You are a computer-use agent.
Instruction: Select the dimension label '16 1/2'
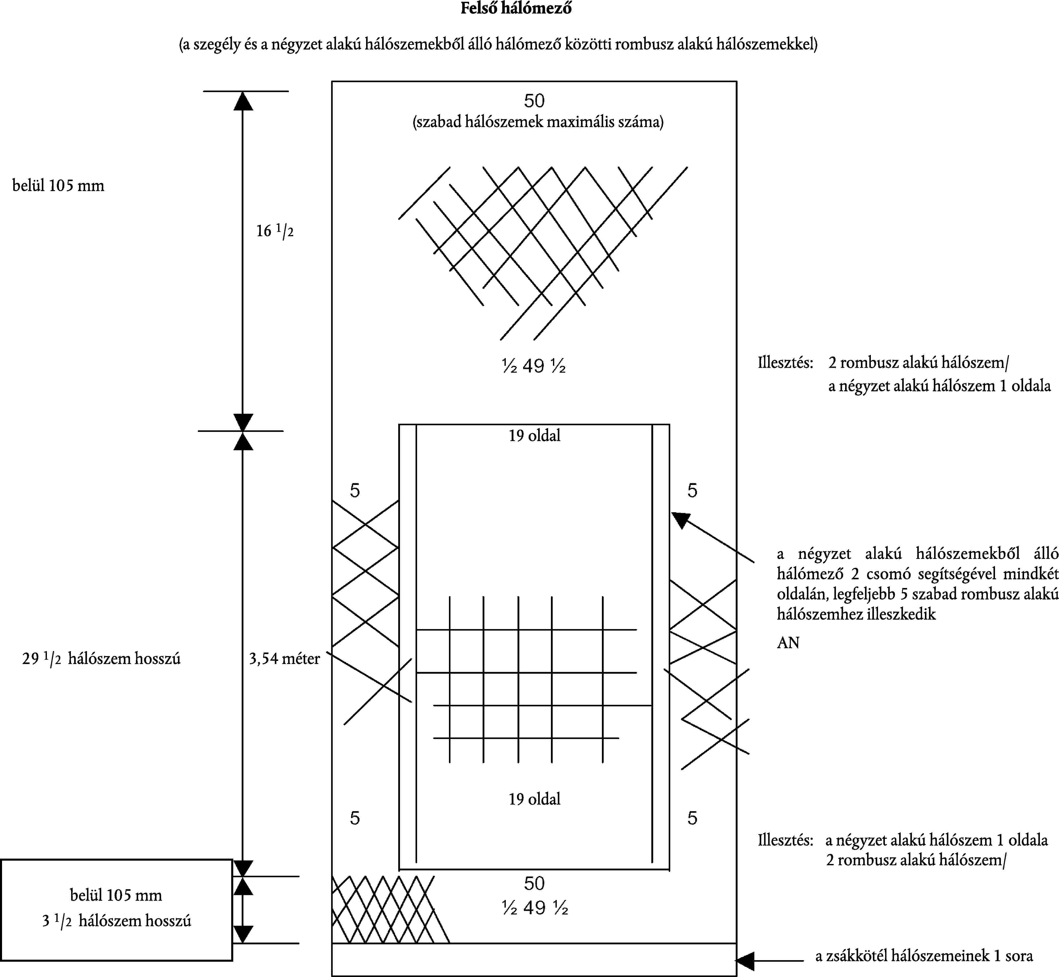[274, 231]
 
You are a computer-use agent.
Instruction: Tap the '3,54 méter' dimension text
[284, 659]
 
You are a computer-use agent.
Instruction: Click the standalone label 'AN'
[788, 643]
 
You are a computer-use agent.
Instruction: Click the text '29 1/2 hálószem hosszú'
[101, 659]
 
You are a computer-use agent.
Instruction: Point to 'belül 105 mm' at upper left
[58, 185]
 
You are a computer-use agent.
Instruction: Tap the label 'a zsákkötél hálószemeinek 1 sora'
[924, 956]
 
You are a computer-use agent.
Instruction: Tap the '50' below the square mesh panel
[534, 883]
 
